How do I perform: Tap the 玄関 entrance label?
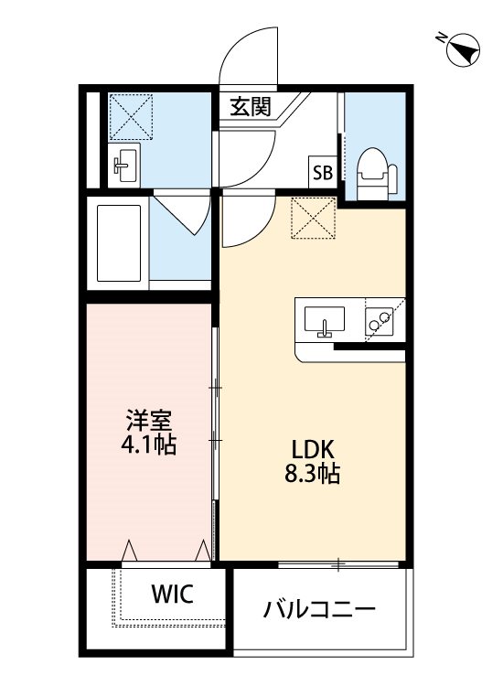(250, 106)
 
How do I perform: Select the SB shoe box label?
(322, 172)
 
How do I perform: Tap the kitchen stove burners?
(378, 320)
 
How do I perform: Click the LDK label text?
(315, 450)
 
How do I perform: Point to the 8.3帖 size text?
(315, 475)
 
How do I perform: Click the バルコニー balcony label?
(319, 608)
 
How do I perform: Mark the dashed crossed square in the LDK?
(313, 219)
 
